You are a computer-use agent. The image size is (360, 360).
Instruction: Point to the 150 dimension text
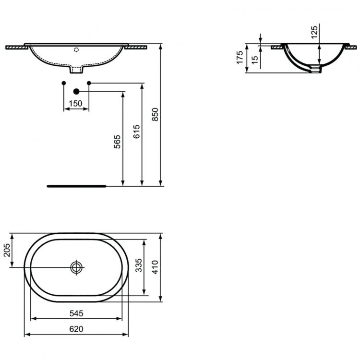tap(76, 103)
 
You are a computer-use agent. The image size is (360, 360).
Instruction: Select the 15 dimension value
tap(254, 59)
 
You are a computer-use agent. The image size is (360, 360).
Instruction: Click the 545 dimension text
tap(76, 313)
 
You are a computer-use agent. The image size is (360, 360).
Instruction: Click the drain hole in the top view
tap(76, 267)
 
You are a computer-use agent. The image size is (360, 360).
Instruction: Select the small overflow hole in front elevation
tap(76, 49)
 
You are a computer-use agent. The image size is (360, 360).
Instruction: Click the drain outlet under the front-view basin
tap(76, 70)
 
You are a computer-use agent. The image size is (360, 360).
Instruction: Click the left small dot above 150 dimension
tap(64, 83)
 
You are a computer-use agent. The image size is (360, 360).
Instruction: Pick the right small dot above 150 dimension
tap(89, 83)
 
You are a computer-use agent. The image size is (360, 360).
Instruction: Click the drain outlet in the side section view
tap(314, 69)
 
